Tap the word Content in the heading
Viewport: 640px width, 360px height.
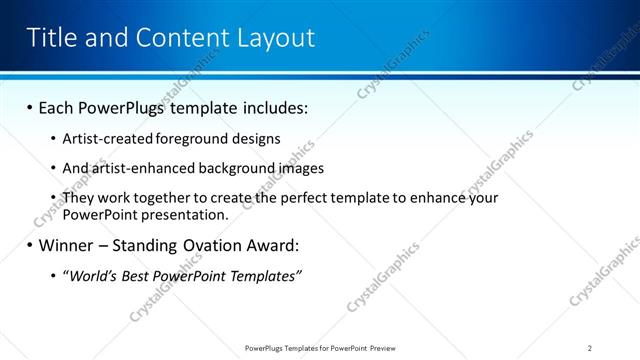[x=186, y=38]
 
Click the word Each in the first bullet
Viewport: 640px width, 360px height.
[x=59, y=107]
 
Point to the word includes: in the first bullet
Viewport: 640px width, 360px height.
[x=273, y=107]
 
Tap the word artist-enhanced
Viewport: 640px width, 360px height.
[x=141, y=169]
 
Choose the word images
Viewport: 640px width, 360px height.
[x=298, y=169]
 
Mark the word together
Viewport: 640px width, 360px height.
[x=171, y=199]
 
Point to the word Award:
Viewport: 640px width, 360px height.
[x=272, y=245]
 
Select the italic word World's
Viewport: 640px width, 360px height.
[x=91, y=276]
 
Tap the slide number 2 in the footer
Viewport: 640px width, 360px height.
[x=590, y=348]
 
